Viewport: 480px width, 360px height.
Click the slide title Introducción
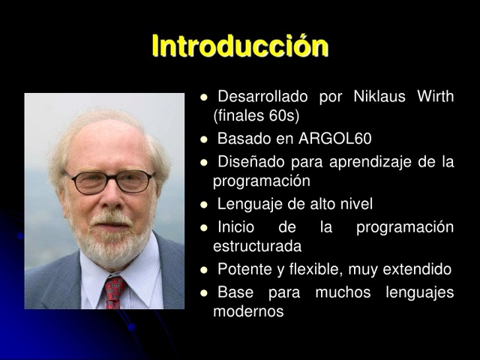coord(240,46)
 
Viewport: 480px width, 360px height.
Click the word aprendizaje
coord(367,162)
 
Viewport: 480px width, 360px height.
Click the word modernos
coord(248,311)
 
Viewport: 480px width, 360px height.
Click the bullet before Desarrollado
coord(203,97)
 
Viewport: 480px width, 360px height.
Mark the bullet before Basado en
coord(203,140)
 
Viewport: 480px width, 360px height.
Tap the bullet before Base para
coord(203,292)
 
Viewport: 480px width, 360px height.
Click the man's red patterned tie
coord(114,290)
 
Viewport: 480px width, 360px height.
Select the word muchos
coord(343,292)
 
